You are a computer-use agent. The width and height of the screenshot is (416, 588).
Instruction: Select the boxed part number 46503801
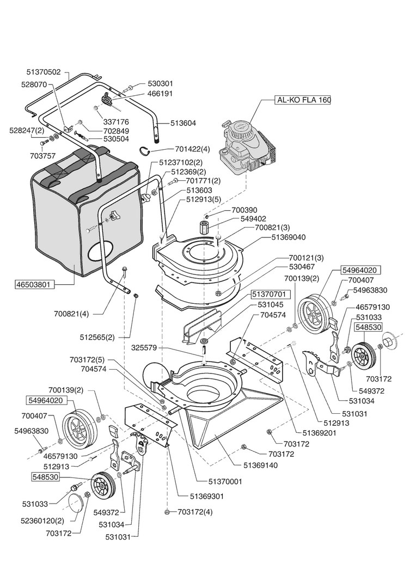coord(37,284)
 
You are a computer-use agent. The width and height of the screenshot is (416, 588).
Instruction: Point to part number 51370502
coord(44,72)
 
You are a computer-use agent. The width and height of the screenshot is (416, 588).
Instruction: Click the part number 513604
coord(183,123)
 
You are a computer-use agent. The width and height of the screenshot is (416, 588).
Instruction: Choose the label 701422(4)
coord(192,149)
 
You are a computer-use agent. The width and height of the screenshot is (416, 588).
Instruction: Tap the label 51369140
coord(260,465)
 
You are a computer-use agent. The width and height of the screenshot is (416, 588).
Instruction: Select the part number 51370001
coord(225,482)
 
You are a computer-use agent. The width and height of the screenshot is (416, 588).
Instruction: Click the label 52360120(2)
coord(42,520)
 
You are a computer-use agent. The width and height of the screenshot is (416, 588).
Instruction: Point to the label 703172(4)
coord(195,512)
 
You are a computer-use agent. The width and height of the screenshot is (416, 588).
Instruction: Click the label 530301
coord(161,83)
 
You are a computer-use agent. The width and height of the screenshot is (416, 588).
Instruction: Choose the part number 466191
coord(161,94)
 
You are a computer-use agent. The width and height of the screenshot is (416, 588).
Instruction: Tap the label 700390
coord(244,210)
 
